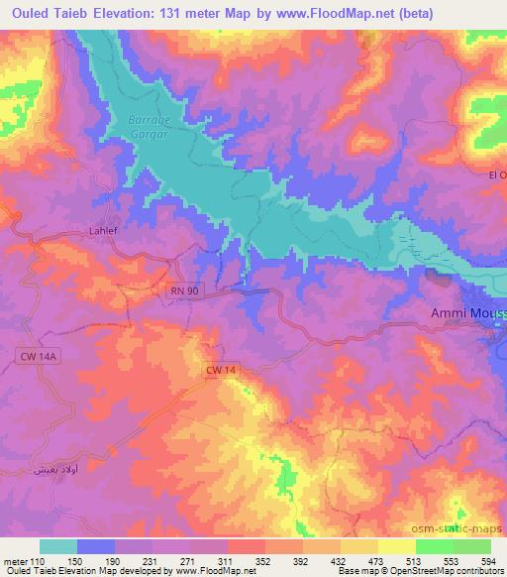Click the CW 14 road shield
pos(222,370)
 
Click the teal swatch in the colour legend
pos(58,546)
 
